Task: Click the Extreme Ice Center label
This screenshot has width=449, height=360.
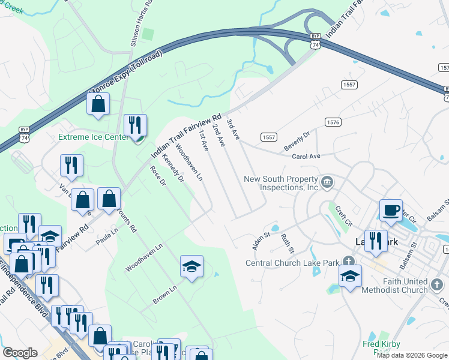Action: tap(92, 137)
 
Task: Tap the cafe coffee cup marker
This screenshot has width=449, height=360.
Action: tap(391, 211)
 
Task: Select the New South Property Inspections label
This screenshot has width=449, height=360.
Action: tap(280, 183)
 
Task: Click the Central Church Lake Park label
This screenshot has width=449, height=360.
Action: tap(293, 262)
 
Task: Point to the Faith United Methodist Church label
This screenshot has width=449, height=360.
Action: tap(396, 286)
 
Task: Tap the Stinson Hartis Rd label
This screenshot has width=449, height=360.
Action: tap(134, 24)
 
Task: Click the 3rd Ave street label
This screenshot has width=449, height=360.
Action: tap(233, 130)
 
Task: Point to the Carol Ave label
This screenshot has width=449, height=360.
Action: tap(306, 156)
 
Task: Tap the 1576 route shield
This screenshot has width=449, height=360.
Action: tap(333, 122)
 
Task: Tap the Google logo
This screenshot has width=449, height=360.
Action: tap(20, 353)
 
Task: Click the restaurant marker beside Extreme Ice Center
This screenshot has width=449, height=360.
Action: tap(135, 125)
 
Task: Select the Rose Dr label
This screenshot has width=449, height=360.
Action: tap(158, 176)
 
